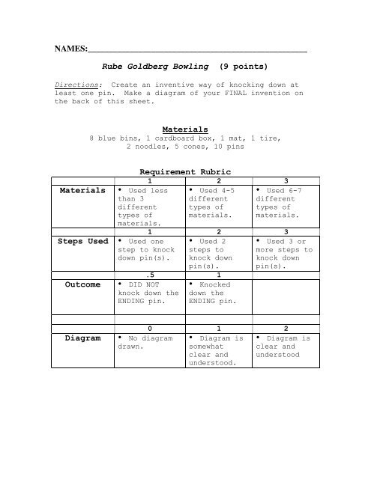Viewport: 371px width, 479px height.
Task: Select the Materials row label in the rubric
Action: click(x=83, y=191)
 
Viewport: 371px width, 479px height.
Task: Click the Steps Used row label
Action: click(x=83, y=242)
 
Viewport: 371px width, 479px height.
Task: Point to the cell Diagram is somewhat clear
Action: click(x=217, y=350)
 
